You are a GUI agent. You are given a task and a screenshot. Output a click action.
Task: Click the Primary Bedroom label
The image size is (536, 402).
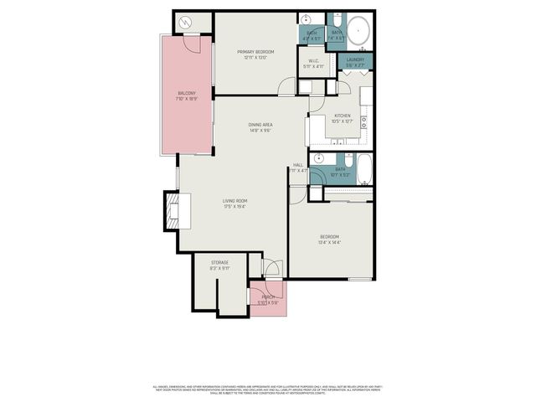click(256, 51)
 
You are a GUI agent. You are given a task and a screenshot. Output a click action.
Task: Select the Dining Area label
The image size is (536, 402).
click(260, 125)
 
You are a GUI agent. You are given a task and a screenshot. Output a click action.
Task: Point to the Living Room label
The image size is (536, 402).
click(234, 201)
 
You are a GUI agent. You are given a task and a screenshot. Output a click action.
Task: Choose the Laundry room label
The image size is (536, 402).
click(356, 60)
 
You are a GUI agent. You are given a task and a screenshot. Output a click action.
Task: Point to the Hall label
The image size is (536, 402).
click(297, 165)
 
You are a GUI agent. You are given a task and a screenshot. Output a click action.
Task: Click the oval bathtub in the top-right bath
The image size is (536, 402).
click(359, 31)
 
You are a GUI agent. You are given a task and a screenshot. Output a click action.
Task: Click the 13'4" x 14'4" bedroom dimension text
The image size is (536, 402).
click(329, 243)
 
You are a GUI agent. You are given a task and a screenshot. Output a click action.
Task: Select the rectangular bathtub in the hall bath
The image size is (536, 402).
click(365, 168)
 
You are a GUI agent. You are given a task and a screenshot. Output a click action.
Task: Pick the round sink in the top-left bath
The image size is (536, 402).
click(307, 19)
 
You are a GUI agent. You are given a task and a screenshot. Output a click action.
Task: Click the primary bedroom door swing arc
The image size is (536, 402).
click(286, 85)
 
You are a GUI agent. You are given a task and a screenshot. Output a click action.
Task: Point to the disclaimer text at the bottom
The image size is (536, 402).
click(268, 389)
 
